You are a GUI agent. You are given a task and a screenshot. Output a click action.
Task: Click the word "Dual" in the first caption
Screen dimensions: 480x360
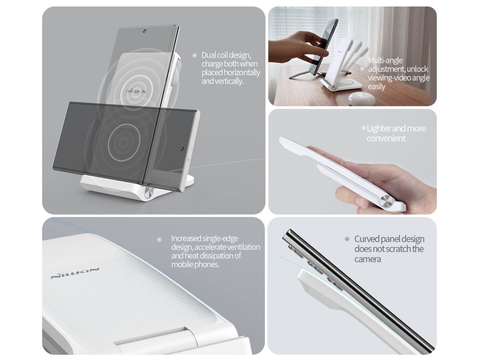point(209,55)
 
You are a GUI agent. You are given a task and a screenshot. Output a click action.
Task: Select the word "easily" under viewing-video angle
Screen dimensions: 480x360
point(376,87)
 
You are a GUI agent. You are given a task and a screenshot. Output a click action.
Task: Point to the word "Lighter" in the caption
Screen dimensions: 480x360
point(378,128)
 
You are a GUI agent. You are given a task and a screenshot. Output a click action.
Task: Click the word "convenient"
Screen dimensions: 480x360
point(386,139)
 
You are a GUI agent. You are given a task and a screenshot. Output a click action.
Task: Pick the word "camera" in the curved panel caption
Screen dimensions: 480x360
point(367,260)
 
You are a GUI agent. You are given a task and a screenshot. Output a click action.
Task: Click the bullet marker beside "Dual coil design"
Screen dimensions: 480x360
point(195,55)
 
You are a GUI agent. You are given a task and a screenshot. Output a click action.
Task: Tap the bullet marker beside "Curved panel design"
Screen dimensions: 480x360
point(347,239)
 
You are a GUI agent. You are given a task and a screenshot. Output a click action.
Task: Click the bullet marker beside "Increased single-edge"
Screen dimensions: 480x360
point(159,240)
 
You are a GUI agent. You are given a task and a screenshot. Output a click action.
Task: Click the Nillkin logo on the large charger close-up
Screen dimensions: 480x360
point(75,273)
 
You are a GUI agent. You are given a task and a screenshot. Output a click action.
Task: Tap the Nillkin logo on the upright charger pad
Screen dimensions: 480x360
point(136,91)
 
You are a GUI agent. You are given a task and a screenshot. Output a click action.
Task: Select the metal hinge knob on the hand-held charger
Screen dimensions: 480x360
point(386,202)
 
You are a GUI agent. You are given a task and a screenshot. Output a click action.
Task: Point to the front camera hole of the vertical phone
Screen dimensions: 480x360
point(144,31)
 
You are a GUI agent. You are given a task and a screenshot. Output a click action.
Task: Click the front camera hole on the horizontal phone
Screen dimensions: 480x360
point(182,149)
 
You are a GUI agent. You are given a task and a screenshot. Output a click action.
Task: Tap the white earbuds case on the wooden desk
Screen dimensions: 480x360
point(361,100)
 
